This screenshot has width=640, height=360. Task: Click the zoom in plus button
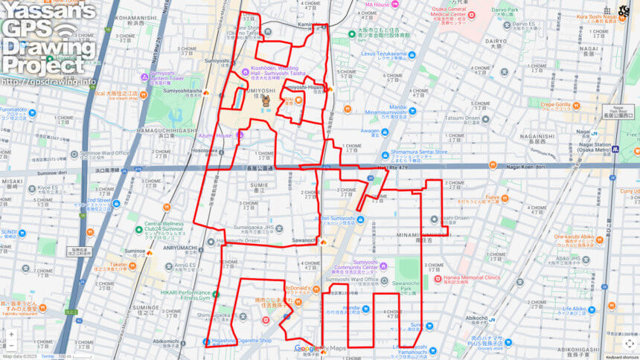pyautogui.click(x=11, y=335)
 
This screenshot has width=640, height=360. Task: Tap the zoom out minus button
pyautogui.click(x=11, y=347)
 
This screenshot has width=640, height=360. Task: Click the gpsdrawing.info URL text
pyautogui.click(x=48, y=81)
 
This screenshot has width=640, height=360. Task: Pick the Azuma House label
pyautogui.click(x=216, y=136)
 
